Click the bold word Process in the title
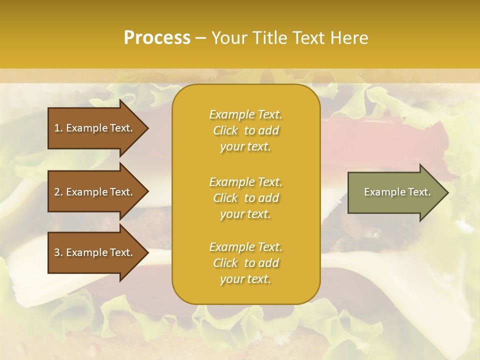coord(157,38)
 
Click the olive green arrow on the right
coord(395,192)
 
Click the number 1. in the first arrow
coord(58,128)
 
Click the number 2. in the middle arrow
coord(58,192)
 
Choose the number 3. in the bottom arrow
coord(58,252)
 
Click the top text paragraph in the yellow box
coord(245,130)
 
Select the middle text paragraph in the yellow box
coord(245,198)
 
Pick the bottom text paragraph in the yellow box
coord(245,263)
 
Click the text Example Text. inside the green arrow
coord(397,192)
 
